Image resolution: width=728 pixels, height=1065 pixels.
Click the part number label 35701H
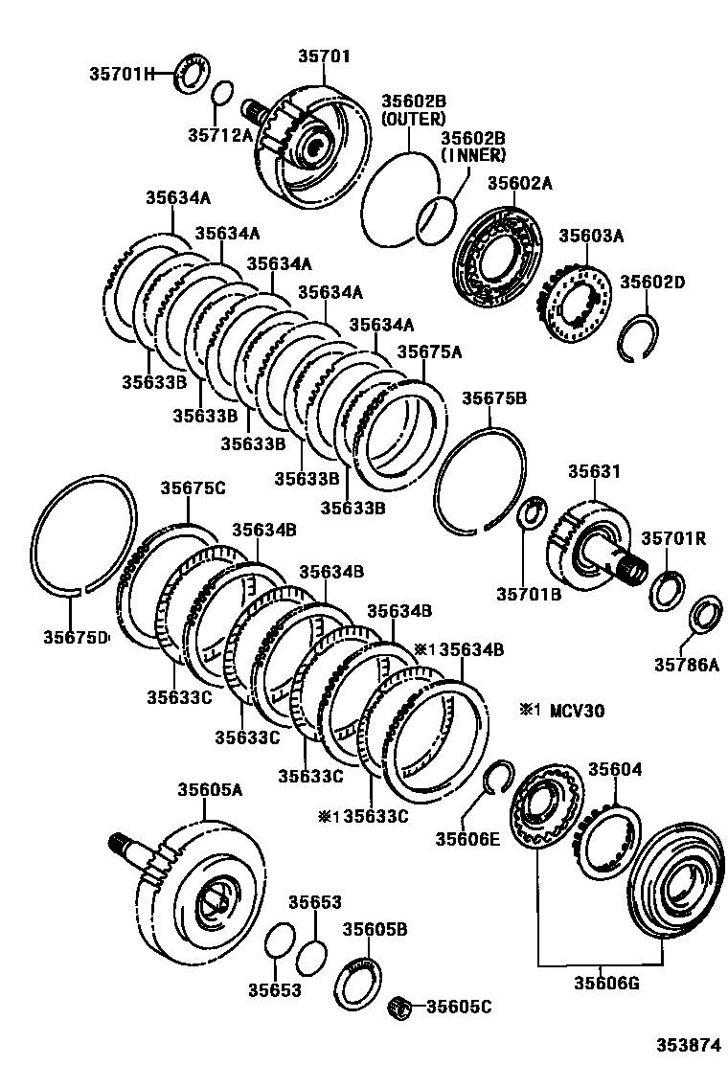[123, 74]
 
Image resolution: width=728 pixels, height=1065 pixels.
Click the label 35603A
[591, 236]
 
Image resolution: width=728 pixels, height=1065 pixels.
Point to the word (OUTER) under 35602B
[414, 119]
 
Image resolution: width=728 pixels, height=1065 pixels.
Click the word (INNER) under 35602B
[474, 155]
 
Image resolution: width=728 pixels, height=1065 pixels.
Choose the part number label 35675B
[494, 398]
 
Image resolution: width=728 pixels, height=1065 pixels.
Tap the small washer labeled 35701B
[531, 511]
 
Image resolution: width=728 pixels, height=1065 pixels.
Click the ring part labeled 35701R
[668, 590]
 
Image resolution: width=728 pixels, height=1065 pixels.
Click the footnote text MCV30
[577, 712]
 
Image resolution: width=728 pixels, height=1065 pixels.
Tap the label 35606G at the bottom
[606, 982]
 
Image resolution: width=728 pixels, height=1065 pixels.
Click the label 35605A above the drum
[211, 789]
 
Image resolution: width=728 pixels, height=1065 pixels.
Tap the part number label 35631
[594, 470]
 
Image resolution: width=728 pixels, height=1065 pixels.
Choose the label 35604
[615, 769]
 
